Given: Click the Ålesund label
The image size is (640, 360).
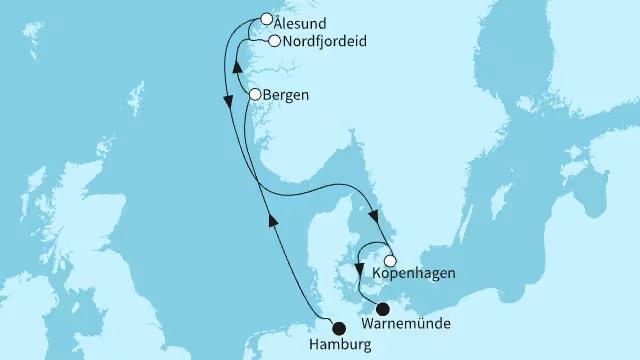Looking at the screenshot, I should [x=305, y=18].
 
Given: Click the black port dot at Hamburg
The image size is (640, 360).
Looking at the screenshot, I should [x=339, y=326].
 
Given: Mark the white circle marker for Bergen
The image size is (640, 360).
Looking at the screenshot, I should [x=255, y=95].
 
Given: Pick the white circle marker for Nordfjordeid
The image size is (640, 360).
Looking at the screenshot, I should [x=274, y=41].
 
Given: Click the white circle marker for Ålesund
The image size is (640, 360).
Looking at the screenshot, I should [x=265, y=18].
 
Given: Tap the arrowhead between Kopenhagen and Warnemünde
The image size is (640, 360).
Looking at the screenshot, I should [x=359, y=268].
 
